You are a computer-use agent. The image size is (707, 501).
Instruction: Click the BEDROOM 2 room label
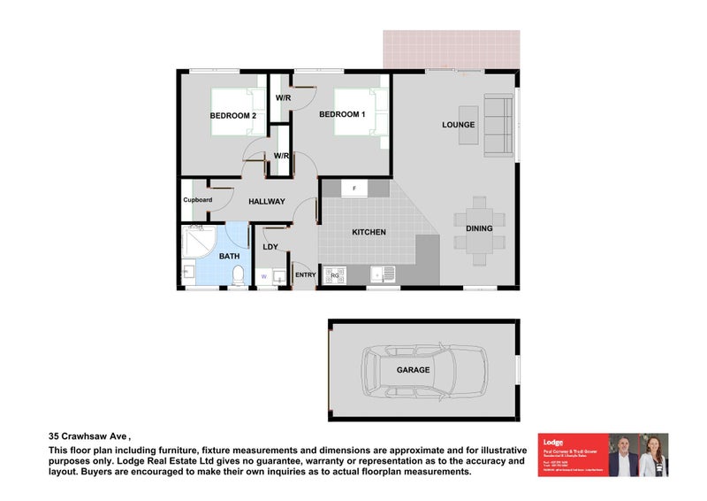click(x=232, y=115)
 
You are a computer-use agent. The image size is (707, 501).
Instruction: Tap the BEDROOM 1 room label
click(x=342, y=114)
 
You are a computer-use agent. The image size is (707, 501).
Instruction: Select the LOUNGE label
click(x=459, y=125)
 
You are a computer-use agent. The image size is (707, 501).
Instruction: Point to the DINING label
click(x=479, y=229)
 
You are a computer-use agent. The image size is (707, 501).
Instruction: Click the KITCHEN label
click(x=369, y=232)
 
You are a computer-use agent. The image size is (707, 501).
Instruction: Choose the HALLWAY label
click(x=266, y=202)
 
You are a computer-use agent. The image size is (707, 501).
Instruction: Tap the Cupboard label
click(x=197, y=200)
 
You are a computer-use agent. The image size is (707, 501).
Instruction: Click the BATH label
click(x=229, y=257)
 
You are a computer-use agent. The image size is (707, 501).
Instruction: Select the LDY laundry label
click(x=270, y=247)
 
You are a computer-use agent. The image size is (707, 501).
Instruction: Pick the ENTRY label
click(x=305, y=275)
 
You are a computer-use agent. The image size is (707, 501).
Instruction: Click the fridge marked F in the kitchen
click(x=354, y=189)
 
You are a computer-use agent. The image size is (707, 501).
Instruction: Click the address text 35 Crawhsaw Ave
click(x=88, y=436)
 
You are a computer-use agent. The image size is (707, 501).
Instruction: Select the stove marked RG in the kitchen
click(x=335, y=275)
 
